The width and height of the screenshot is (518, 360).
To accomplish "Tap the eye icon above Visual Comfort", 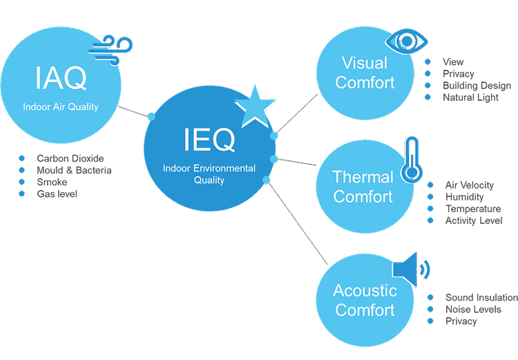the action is [x=406, y=41].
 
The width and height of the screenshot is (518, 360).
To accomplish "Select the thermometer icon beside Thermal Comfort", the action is [x=412, y=160].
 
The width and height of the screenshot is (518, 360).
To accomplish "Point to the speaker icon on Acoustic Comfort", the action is [x=411, y=269].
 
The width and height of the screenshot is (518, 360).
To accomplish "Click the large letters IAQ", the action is [x=61, y=78].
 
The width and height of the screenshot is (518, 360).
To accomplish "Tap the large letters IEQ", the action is [x=209, y=140].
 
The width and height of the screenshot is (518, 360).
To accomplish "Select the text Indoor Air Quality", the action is [x=61, y=107].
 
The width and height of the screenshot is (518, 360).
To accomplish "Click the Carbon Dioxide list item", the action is [x=70, y=158].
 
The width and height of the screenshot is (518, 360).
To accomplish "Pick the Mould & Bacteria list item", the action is [x=74, y=170].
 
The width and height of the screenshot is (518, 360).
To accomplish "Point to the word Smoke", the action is [x=52, y=182].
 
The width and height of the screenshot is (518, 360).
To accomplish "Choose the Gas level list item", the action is [x=57, y=194].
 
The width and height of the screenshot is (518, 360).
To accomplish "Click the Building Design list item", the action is [x=477, y=86].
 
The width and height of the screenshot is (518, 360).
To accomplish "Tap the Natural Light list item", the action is [x=470, y=97].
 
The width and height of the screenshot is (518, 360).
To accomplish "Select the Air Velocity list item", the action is [x=470, y=185].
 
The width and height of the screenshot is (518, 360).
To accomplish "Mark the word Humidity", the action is [x=465, y=197].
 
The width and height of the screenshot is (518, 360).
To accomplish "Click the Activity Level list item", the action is [x=474, y=220].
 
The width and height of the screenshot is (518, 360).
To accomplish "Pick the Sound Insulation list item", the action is [x=481, y=298].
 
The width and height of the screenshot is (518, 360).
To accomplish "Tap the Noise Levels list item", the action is [x=473, y=310].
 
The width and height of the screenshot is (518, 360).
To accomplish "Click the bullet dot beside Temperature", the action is [x=430, y=209].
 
